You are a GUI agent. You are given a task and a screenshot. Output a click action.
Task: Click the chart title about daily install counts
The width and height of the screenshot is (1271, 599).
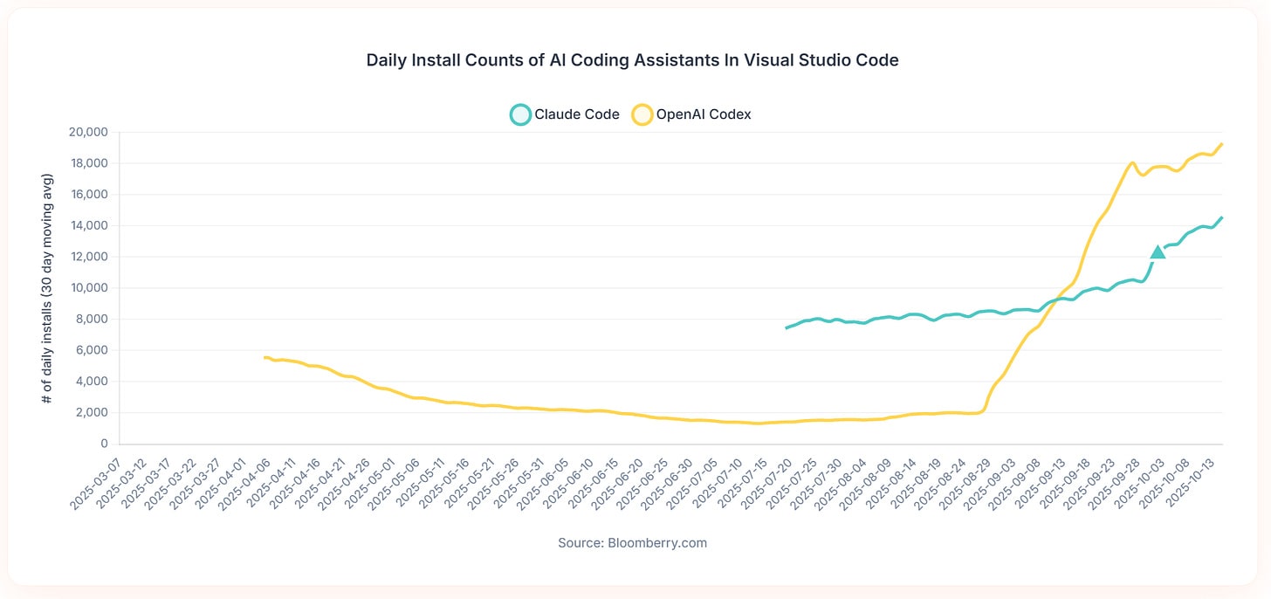point(632,60)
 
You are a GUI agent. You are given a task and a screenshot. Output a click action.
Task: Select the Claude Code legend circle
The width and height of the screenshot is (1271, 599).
point(520,114)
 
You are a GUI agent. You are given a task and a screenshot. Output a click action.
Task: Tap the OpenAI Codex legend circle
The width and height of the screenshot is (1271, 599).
point(642,114)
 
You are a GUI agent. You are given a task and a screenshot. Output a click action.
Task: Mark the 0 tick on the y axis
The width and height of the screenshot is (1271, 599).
point(102,444)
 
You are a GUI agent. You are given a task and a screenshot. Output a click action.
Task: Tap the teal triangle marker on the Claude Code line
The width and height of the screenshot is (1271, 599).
point(1158,252)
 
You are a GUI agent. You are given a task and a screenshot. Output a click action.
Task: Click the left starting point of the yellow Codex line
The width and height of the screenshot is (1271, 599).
point(265,357)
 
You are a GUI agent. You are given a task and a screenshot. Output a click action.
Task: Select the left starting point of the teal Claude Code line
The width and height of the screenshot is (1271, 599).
point(787,328)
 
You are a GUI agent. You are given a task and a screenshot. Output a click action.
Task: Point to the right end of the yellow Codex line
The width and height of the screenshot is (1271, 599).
point(1221,144)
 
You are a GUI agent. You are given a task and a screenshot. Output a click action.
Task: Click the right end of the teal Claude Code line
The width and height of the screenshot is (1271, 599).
point(1221,217)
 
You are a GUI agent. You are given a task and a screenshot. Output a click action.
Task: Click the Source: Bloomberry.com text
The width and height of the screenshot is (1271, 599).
point(632,543)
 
